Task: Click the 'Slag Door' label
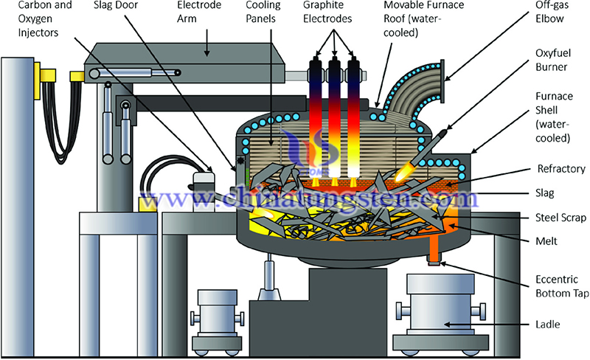pos(116,5)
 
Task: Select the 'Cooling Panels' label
pos(263,12)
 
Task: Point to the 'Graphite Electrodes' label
pos(327,12)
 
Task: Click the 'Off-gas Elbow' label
pos(552,12)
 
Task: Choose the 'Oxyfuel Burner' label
pos(552,60)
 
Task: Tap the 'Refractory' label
pos(561,169)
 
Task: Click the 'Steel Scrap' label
pos(560,218)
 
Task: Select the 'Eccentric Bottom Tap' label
pos(562,286)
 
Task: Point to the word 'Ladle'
pos(547,325)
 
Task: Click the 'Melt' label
pos(546,241)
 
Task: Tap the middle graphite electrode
pos(334,117)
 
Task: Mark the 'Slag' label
pos(544,193)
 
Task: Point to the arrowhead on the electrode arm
pos(206,53)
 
